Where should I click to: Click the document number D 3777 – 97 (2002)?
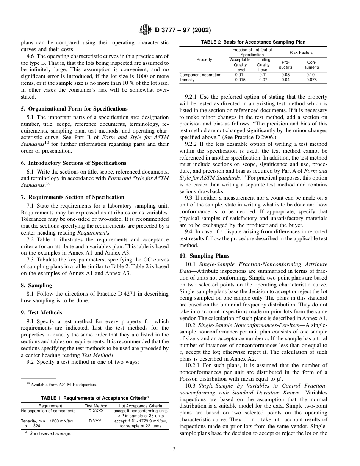(x=183, y=30)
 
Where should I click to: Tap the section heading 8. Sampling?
(x=36, y=285)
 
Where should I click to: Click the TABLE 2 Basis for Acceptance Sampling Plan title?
(x=253, y=42)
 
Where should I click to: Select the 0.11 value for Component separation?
(x=263, y=75)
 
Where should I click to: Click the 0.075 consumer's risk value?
(x=311, y=80)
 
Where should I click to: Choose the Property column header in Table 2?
(x=204, y=60)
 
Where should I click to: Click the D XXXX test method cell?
(x=96, y=411)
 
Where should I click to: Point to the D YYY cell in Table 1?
(x=96, y=421)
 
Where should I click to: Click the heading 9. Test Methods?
(x=42, y=313)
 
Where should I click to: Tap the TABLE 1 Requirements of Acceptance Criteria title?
(x=95, y=398)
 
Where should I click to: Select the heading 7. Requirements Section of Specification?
(x=72, y=197)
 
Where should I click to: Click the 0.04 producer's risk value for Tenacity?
(x=285, y=80)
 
